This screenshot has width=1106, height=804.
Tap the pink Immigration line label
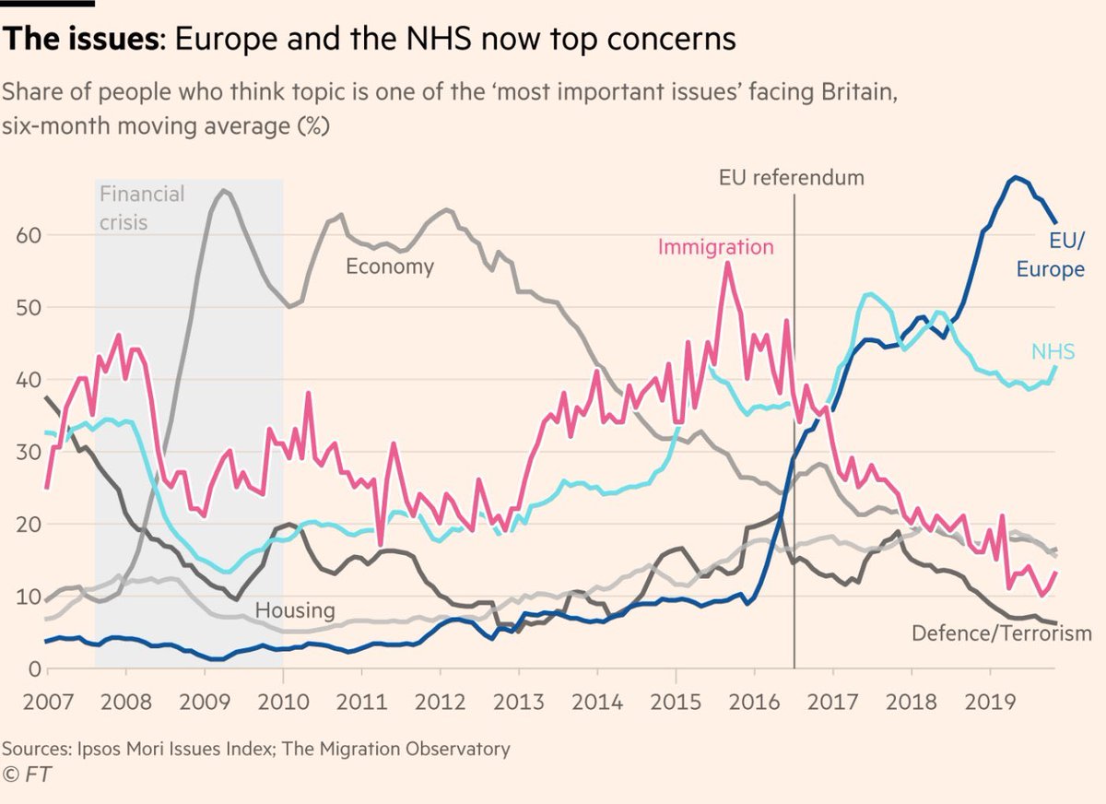tap(715, 247)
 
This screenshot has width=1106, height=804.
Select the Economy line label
tap(389, 266)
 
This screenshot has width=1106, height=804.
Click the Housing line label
tap(295, 610)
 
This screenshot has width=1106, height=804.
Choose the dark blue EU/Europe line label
tap(1051, 255)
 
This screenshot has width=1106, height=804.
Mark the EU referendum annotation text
tap(791, 177)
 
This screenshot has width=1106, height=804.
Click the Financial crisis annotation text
tap(141, 207)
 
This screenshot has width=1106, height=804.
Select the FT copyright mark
tap(28, 774)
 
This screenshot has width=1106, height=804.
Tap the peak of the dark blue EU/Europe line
tap(1016, 177)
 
